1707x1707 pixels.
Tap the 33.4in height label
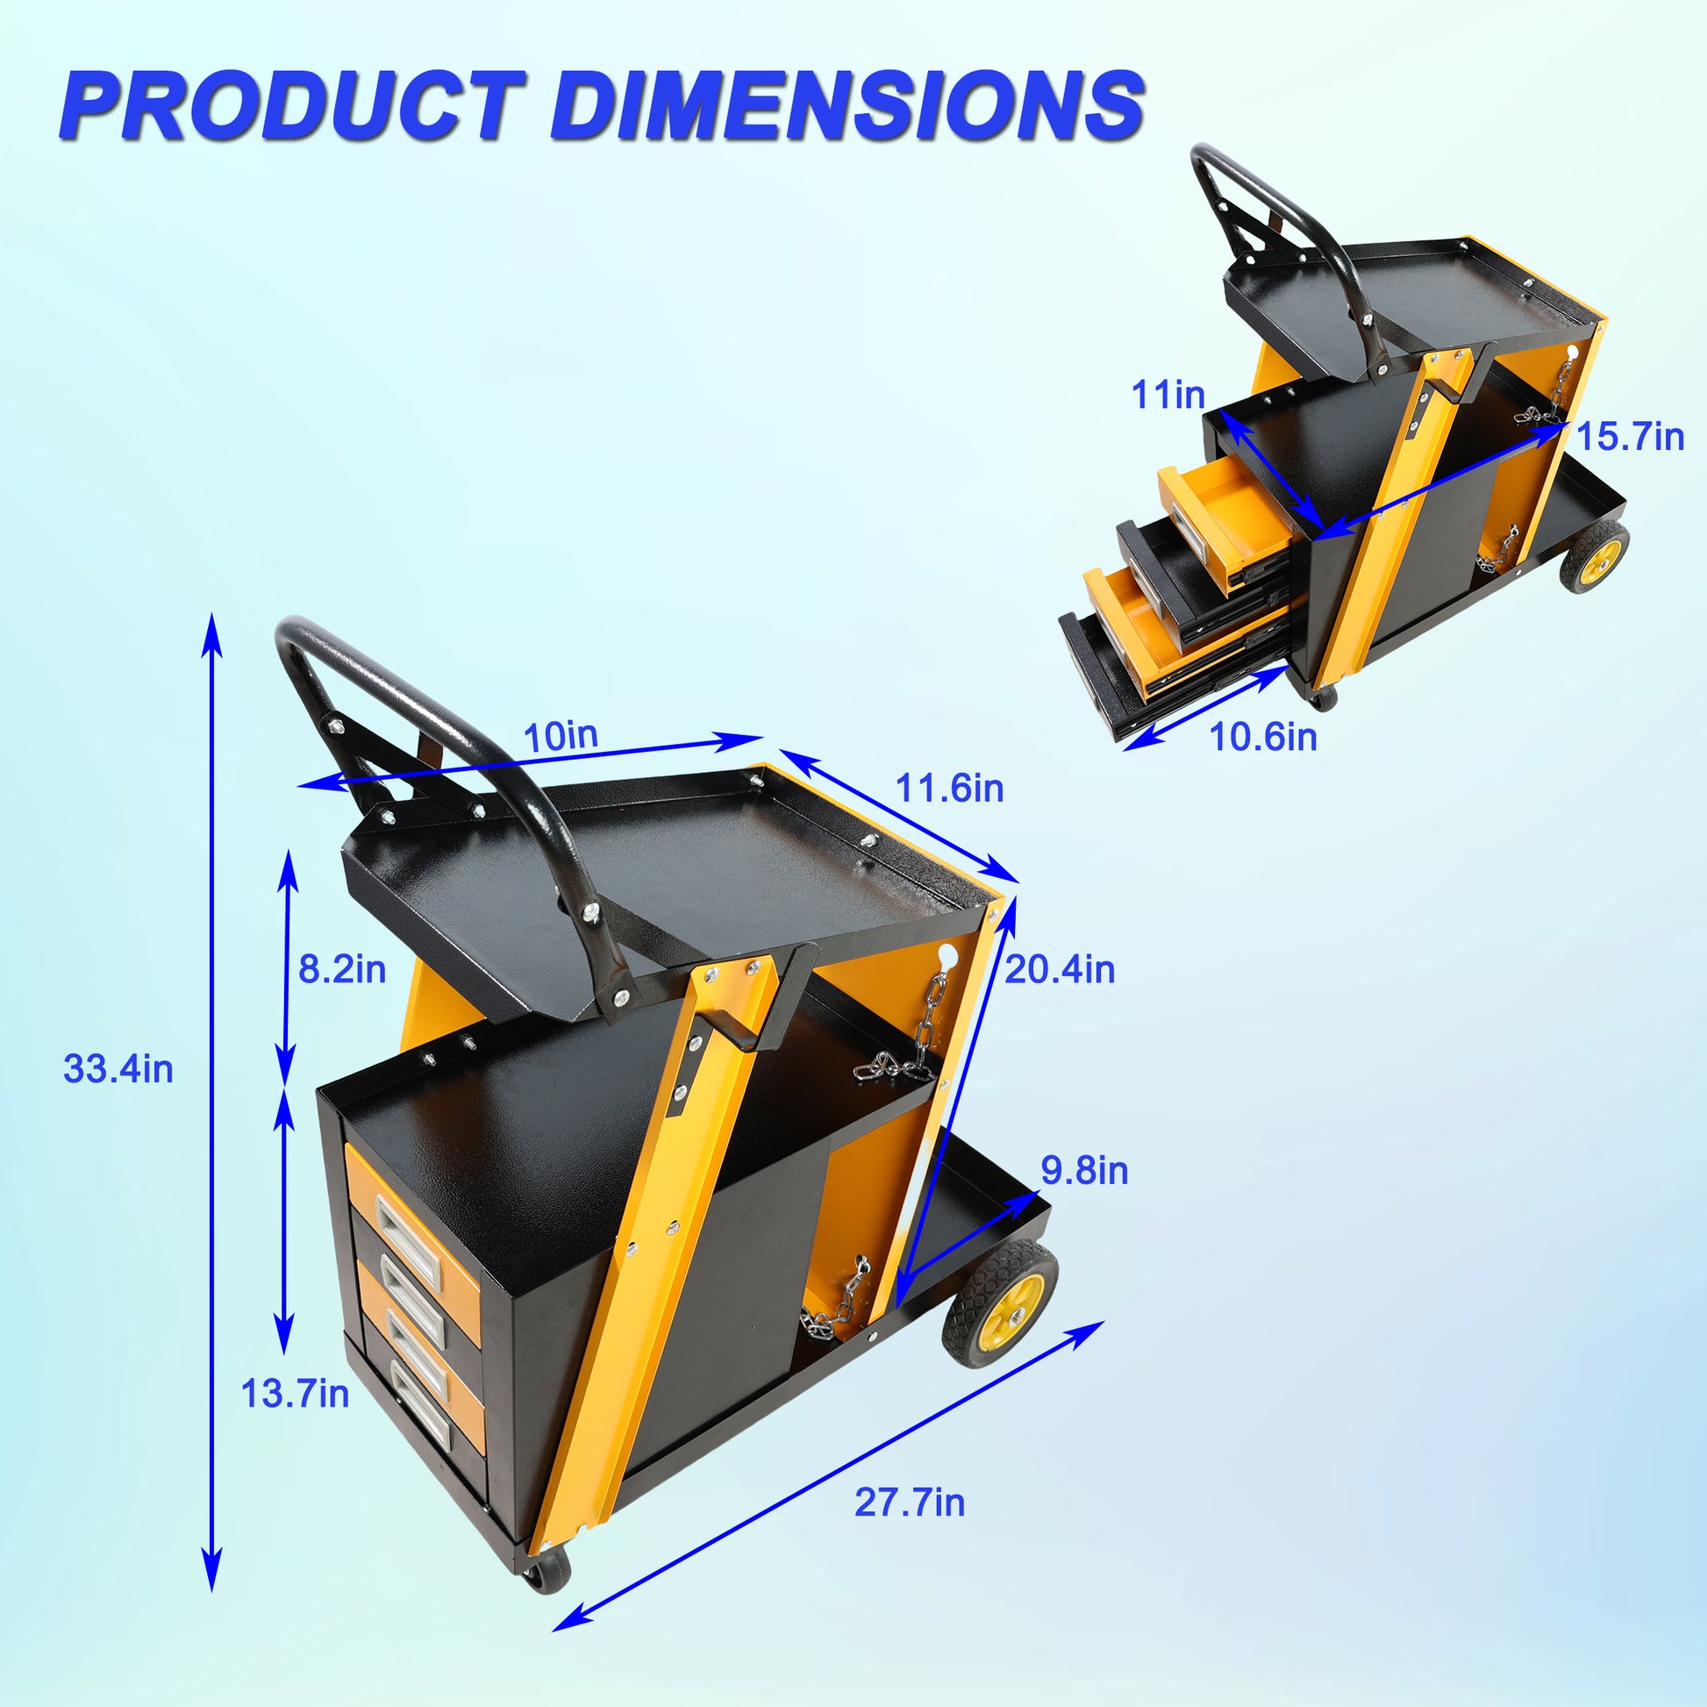pos(118,1070)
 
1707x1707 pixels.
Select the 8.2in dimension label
pos(342,969)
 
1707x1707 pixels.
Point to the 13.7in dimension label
pos(294,1394)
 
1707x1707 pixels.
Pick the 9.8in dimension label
pos(1084,1171)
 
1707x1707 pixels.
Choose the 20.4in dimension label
pos(1060,970)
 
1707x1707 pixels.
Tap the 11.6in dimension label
pos(950,788)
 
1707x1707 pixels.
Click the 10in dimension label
pos(561,736)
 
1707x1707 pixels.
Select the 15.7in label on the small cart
pos(1630,438)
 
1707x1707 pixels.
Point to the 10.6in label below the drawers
pos(1262,737)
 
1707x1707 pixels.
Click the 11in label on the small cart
pos(1168,395)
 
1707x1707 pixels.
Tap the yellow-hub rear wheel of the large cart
pos(1000,1305)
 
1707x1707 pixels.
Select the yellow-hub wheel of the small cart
pos(1595,556)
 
